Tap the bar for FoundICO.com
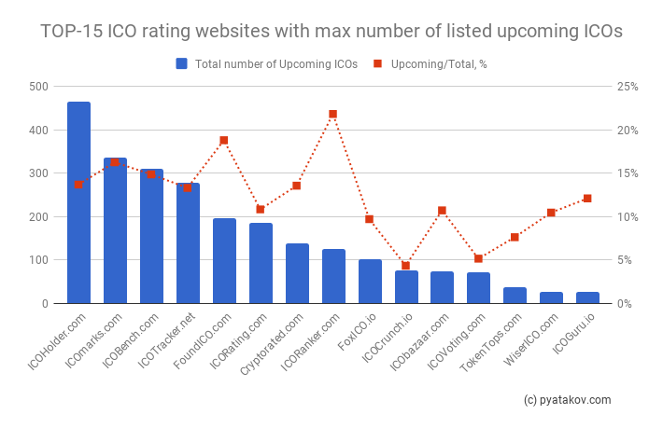coord(224,261)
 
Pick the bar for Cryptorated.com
coord(297,273)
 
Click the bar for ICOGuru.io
coord(587,297)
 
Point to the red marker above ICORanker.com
coord(332,114)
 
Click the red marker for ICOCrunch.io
coord(405,266)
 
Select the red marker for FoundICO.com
coord(224,140)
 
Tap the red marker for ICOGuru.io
coord(587,198)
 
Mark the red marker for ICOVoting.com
coord(478,258)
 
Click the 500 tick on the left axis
coord(38,87)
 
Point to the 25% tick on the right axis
coord(627,87)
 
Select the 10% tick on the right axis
coord(627,217)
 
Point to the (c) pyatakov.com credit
coord(568,400)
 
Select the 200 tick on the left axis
coord(38,217)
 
